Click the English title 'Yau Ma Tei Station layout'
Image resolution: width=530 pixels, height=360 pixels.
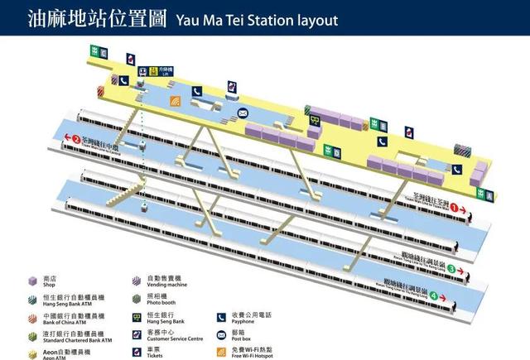coord(257,18)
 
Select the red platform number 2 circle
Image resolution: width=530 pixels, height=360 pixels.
coord(76,140)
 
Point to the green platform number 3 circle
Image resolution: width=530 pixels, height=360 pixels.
coord(451,269)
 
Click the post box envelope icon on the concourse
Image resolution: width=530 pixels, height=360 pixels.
coord(243,113)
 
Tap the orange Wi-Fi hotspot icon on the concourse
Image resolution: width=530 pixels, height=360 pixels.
coord(175,102)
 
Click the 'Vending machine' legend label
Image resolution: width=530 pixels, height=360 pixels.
coord(166,286)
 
